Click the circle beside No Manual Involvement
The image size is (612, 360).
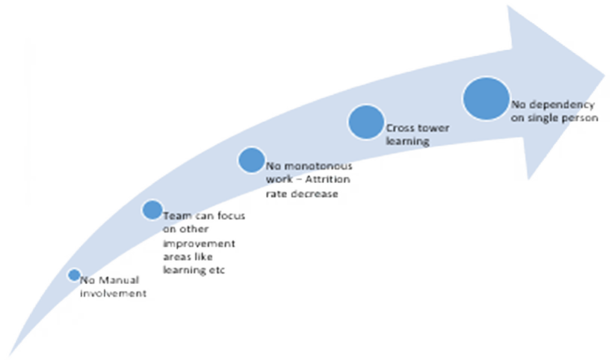(74, 275)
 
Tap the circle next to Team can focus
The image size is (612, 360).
(152, 210)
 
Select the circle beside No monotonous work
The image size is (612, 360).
(251, 159)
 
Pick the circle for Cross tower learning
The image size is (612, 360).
(366, 122)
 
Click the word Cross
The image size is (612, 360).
(400, 128)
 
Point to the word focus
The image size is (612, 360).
(232, 216)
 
